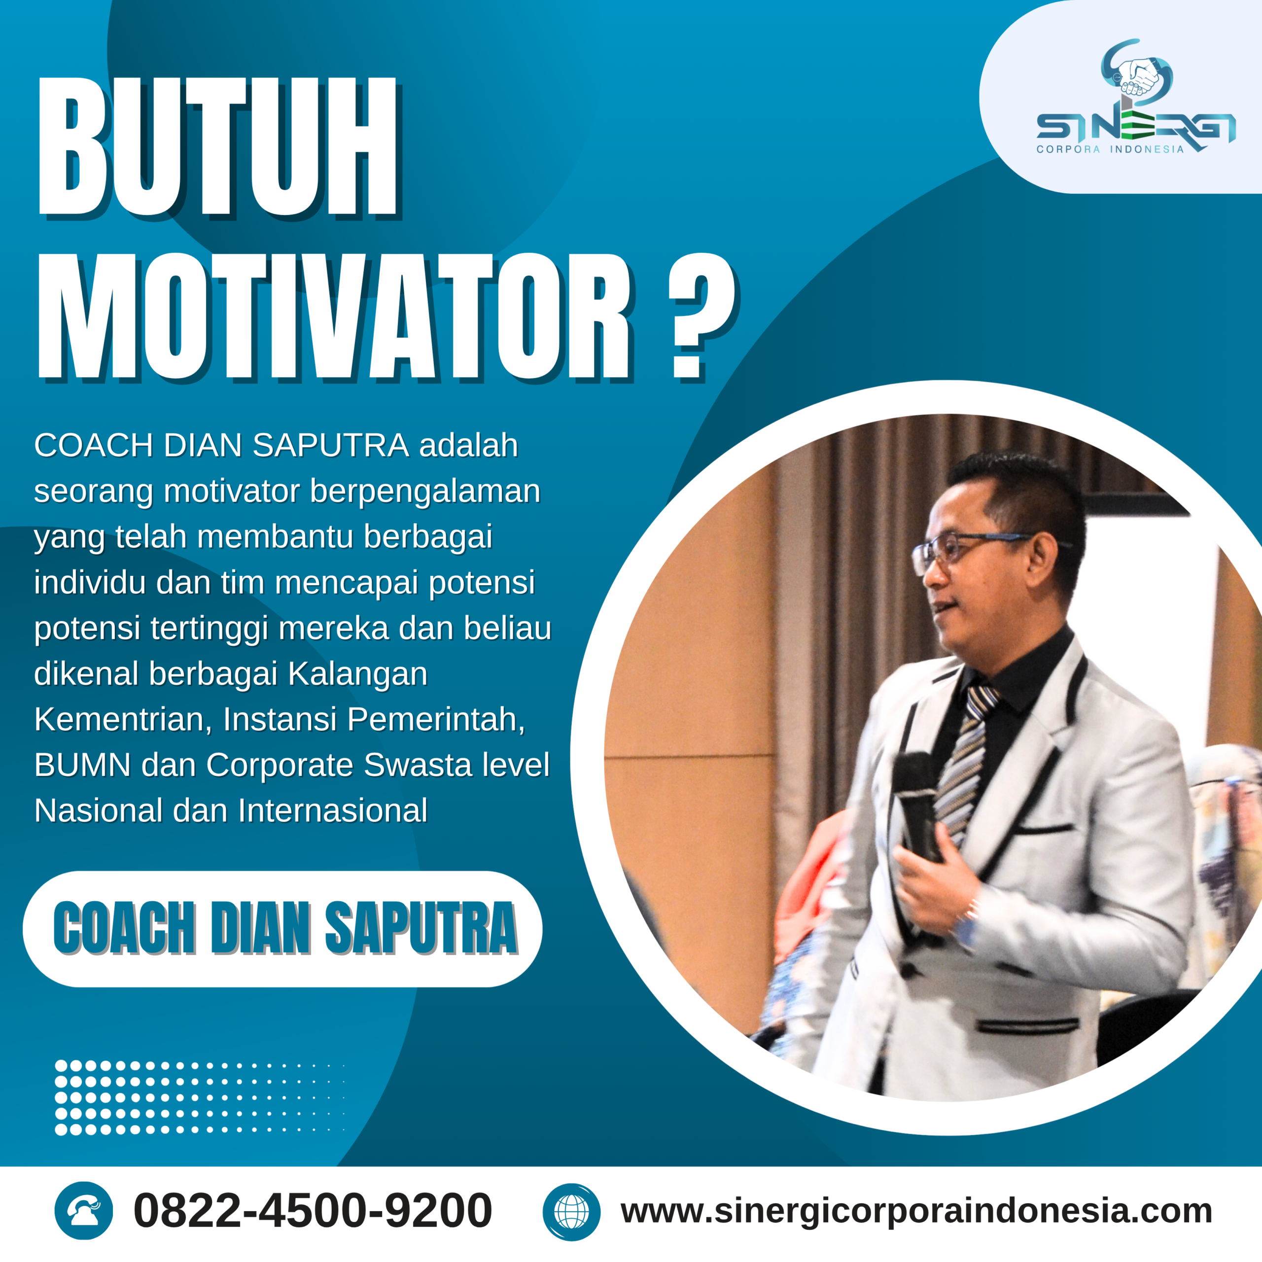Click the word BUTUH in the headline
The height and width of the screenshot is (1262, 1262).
(x=218, y=147)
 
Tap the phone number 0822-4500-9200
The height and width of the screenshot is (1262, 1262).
(x=312, y=1210)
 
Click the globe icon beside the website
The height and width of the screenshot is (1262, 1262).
(x=571, y=1212)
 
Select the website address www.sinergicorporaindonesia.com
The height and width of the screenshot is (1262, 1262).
(x=916, y=1210)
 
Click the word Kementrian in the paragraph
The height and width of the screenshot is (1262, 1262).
(x=123, y=719)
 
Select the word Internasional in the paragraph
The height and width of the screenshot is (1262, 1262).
(x=332, y=810)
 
